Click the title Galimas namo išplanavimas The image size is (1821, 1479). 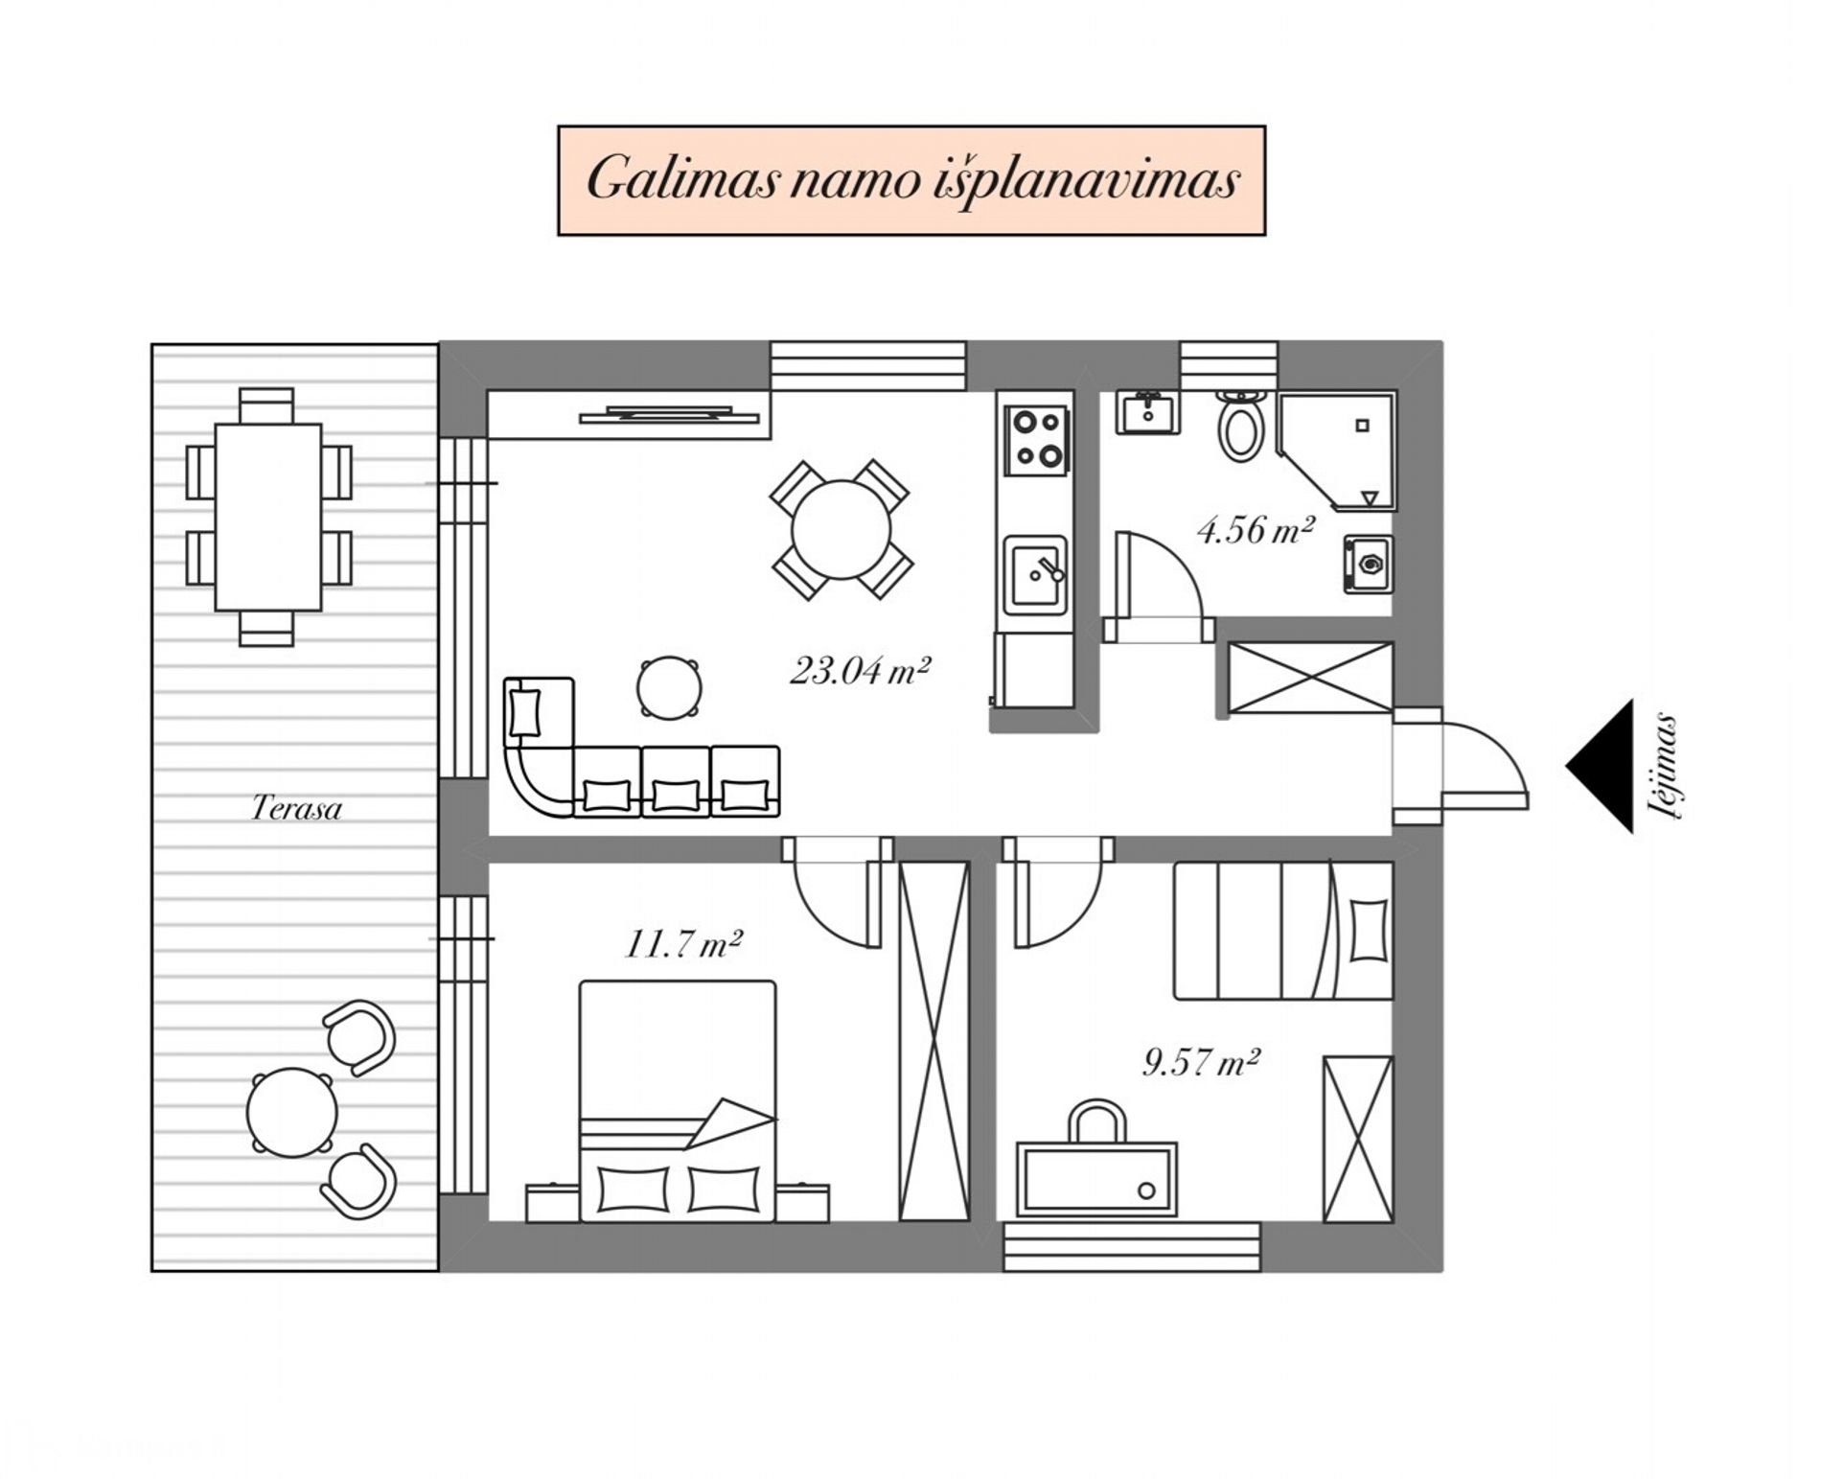(x=911, y=180)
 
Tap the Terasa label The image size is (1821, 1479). (x=296, y=808)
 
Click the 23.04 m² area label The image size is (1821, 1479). (x=860, y=670)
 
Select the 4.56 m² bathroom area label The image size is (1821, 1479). (x=1256, y=529)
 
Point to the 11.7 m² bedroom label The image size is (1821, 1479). (x=684, y=944)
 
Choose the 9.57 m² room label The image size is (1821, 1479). (x=1201, y=1062)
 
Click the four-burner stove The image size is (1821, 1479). (x=1037, y=439)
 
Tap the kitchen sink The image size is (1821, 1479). (x=1035, y=575)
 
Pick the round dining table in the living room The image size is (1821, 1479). (x=841, y=529)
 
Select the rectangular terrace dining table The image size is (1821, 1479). (x=268, y=517)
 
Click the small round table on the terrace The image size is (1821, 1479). (x=292, y=1113)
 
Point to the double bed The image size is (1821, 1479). (x=678, y=1100)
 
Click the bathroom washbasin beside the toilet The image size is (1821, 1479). (x=1147, y=413)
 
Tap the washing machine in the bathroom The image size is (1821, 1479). (x=1368, y=565)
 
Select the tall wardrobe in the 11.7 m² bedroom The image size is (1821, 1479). (x=934, y=1041)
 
